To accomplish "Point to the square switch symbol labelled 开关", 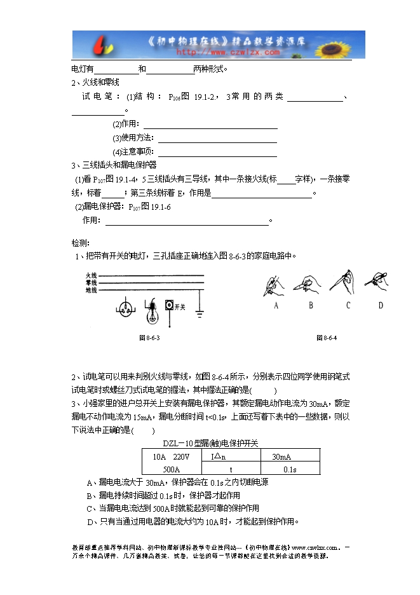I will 169,306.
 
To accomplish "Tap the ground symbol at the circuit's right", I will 200,313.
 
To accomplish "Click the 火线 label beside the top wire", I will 91,276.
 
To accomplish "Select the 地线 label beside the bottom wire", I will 91,290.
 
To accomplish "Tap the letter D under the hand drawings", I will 381,305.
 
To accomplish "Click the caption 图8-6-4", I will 326,338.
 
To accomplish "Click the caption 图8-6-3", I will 149,338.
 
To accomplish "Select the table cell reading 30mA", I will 281,457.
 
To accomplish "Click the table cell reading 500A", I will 172,469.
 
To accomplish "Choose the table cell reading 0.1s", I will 290,469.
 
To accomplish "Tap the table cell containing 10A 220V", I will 171,457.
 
